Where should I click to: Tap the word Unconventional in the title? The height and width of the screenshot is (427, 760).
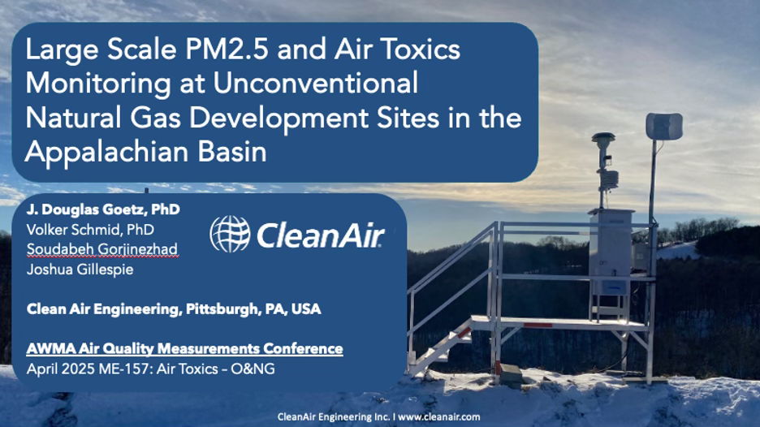pos(316,84)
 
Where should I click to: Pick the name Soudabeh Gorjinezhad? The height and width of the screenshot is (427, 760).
pos(102,249)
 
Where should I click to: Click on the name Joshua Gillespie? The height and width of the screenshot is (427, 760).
pos(80,270)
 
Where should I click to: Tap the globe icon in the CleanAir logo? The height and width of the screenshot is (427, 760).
pos(230,234)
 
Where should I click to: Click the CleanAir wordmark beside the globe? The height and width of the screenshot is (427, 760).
pos(321,235)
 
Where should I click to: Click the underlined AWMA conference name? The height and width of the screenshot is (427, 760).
pos(184,349)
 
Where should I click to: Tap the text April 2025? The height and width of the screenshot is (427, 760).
pos(61,369)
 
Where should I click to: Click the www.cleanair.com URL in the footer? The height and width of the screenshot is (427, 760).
pos(439,416)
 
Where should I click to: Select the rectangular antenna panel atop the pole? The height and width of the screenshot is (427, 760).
pos(664,127)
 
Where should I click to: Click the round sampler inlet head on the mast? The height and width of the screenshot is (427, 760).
pos(603,139)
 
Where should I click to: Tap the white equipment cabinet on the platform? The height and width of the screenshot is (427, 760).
pos(611,252)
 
